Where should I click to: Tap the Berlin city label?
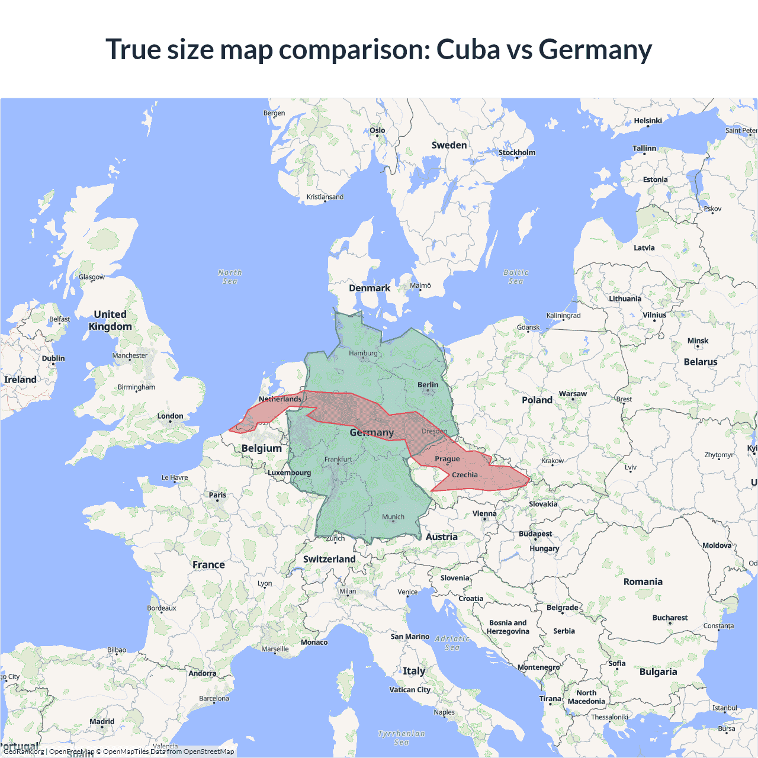point(428,385)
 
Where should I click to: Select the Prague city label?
point(447,459)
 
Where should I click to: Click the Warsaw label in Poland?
point(573,394)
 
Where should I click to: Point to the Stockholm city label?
point(516,153)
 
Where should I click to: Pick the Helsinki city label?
point(648,121)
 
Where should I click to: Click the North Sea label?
point(230,277)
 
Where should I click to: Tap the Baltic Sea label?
point(516,277)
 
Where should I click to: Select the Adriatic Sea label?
point(452,643)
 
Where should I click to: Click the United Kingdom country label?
point(110,320)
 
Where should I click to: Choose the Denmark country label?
point(370,288)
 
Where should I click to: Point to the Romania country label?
point(643,582)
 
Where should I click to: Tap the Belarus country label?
point(700,362)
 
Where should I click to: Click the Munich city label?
point(393,517)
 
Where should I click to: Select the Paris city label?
point(217,495)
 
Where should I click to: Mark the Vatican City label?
point(410,690)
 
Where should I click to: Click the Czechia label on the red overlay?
point(465,475)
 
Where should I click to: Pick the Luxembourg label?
point(289,473)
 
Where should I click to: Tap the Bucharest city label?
point(670,618)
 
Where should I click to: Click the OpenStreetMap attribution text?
point(208,751)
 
